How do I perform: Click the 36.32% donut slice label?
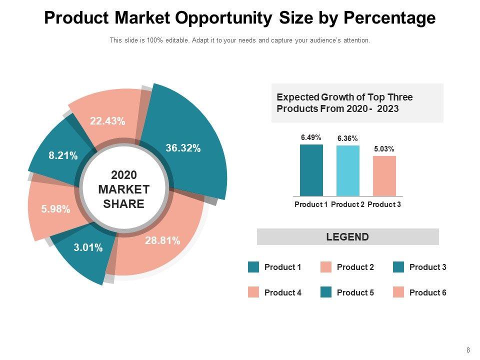pyautogui.click(x=183, y=148)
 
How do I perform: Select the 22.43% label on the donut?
pyautogui.click(x=107, y=121)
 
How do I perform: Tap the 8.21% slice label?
pyautogui.click(x=63, y=156)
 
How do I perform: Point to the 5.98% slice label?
pyautogui.click(x=55, y=209)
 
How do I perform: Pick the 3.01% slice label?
pyautogui.click(x=88, y=247)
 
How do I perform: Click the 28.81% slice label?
pyautogui.click(x=162, y=240)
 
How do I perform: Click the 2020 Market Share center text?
pyautogui.click(x=124, y=189)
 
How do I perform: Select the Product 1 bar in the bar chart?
pyautogui.click(x=311, y=170)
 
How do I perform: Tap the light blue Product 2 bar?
pyautogui.click(x=347, y=170)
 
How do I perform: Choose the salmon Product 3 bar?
pyautogui.click(x=384, y=175)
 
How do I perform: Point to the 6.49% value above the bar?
pyautogui.click(x=311, y=137)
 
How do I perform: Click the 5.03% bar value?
pyautogui.click(x=384, y=148)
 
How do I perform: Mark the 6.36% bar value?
pyautogui.click(x=347, y=138)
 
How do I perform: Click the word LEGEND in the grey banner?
pyautogui.click(x=347, y=237)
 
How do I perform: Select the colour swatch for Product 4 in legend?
pyautogui.click(x=253, y=292)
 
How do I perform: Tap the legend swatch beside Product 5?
pyautogui.click(x=326, y=292)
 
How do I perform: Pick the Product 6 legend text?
pyautogui.click(x=427, y=292)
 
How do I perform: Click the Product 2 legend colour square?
pyautogui.click(x=326, y=267)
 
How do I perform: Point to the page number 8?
pyautogui.click(x=468, y=350)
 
